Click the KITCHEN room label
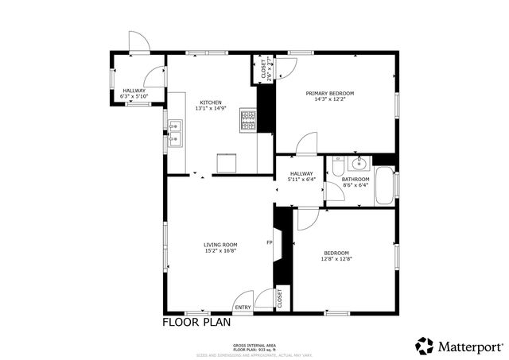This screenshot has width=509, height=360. pos(211,103)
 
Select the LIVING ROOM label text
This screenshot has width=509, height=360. pos(220,244)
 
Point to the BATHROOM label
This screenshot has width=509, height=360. pos(356,179)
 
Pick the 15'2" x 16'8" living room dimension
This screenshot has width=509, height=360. pos(220,251)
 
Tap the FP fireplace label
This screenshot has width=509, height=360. pos(269,242)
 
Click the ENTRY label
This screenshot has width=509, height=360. pos(243,308)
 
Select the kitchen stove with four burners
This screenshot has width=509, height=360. pos(248,120)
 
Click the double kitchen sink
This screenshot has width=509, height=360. pos(176,140)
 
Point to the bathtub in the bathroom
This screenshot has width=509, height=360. pos(384,185)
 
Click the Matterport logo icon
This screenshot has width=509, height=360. pos(424,346)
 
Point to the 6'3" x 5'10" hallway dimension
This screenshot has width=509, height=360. pos(133,96)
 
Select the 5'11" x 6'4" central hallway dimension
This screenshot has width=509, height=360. pos(301,180)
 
